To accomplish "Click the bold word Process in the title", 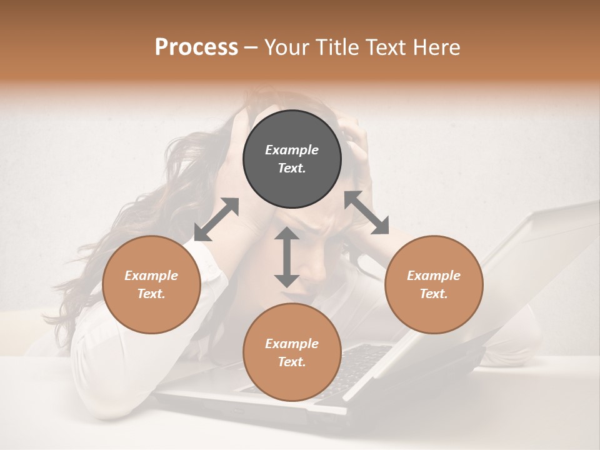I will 196,47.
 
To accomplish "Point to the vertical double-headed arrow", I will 287,257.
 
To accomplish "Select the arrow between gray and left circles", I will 216,219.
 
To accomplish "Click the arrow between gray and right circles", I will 367,213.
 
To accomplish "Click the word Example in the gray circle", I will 292,150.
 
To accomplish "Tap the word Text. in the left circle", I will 151,294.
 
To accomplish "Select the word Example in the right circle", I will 434,276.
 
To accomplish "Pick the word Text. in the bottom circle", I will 292,362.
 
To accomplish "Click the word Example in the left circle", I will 151,276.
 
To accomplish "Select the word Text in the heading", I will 384,47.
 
